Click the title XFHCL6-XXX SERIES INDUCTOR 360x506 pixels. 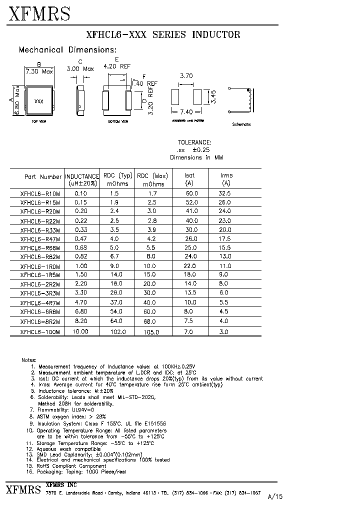coord(163,34)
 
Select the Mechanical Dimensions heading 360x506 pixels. coord(67,50)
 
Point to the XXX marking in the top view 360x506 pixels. coord(38,101)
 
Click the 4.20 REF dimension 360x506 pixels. coord(117,66)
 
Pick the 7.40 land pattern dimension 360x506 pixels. coord(186,112)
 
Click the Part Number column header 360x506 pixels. coord(43,176)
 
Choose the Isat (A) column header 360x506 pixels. coord(189,179)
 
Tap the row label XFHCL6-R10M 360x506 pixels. coord(40,193)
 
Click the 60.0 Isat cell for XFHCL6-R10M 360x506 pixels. coord(191,193)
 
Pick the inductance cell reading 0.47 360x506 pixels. coord(80,239)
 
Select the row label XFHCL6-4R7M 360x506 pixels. coord(40,303)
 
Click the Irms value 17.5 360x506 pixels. coord(224,239)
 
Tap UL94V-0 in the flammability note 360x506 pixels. coord(98,409)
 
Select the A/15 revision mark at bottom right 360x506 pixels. coord(275,496)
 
